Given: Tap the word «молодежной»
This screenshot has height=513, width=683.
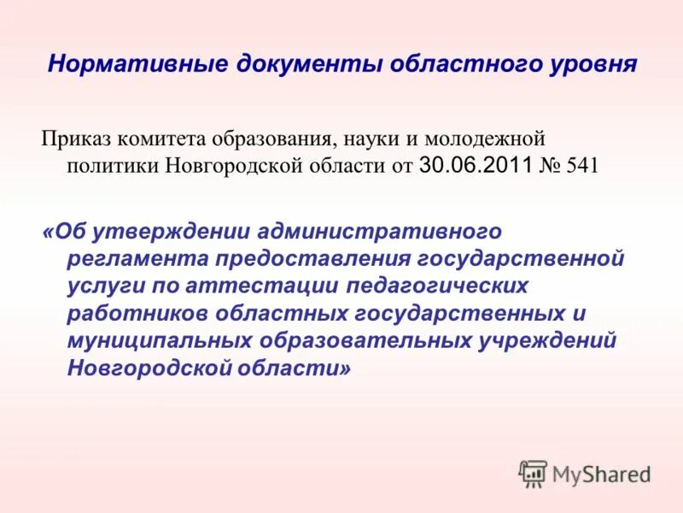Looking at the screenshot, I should click(x=487, y=139).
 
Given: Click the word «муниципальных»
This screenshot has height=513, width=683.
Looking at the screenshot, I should click(x=157, y=340).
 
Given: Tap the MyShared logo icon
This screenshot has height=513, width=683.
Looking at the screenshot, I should click(x=533, y=474).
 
